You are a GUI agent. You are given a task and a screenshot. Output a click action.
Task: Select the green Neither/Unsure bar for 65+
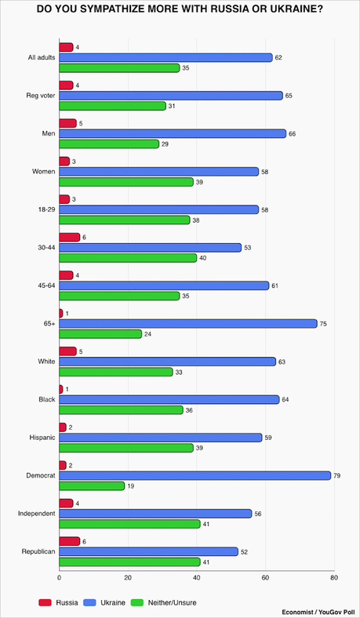tap(100, 333)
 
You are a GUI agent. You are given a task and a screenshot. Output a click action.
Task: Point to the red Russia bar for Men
tap(67, 123)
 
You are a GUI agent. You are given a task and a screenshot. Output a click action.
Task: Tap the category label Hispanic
tap(40, 438)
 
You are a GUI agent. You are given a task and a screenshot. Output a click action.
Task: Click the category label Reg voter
tap(38, 96)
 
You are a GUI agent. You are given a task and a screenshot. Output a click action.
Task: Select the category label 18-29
tap(44, 209)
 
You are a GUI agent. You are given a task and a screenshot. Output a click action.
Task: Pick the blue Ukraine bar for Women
tap(159, 172)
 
